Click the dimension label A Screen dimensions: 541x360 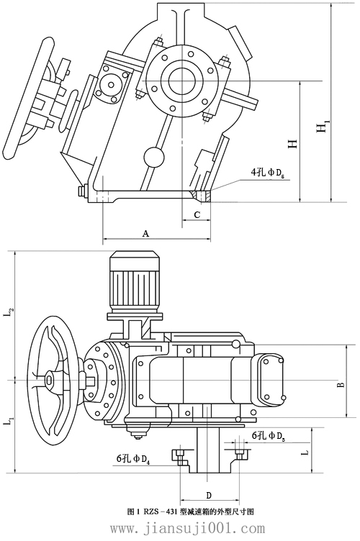145,234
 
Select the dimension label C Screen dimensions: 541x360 197,214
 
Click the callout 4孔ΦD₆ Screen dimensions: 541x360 269,173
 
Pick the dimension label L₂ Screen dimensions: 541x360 9,312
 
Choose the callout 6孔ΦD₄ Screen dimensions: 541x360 132,457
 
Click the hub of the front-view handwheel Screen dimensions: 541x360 50,379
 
